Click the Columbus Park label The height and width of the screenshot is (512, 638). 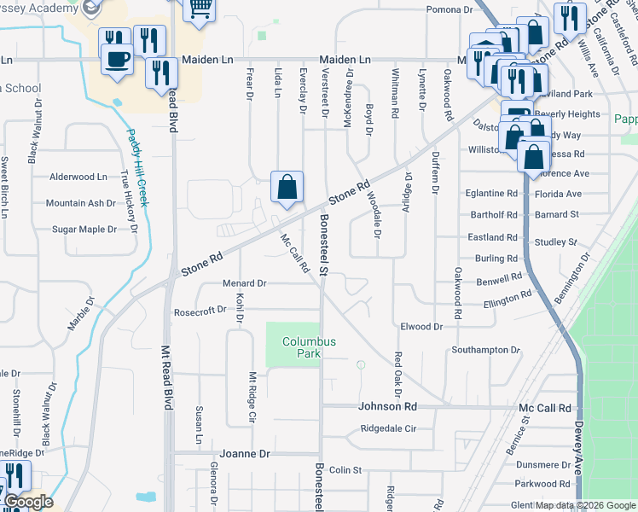pos(310,346)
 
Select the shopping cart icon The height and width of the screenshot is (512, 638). pos(199,9)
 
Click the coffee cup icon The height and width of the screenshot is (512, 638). pos(117,59)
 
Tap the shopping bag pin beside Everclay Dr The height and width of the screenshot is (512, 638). pos(287,187)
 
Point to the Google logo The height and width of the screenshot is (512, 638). pos(27,502)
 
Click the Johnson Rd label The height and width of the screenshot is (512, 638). pos(387,407)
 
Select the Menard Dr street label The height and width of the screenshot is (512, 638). pos(245,282)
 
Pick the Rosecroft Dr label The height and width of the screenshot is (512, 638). pos(200,311)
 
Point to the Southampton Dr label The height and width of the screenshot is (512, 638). pos(485,350)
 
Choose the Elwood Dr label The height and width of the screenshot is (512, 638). pos(421,326)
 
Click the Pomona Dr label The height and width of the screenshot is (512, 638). pos(449,9)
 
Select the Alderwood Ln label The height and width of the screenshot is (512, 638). pos(78,177)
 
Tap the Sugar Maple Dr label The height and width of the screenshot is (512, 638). pos(84,230)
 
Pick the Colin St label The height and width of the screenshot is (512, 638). pos(345,470)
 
